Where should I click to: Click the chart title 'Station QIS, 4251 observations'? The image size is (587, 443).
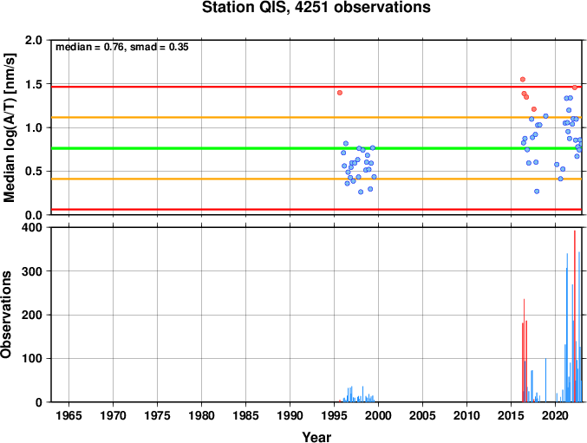point(316,7)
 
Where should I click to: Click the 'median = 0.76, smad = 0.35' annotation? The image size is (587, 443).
point(122,47)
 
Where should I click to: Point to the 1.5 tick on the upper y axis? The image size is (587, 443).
point(34,84)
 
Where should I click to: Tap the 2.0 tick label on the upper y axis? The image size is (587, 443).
point(34,40)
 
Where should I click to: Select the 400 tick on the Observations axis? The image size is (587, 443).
point(32,227)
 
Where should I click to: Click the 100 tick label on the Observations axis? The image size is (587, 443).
point(32,358)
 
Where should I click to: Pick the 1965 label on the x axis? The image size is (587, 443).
point(68,415)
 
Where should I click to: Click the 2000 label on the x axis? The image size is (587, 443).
point(379,415)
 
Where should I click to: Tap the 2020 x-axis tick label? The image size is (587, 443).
point(555,415)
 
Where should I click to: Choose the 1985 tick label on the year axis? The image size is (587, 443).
point(245,415)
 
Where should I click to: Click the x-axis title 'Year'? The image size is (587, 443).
point(316,437)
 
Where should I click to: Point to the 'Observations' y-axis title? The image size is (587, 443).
point(6,315)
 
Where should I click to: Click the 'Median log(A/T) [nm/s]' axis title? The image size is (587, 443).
point(10,127)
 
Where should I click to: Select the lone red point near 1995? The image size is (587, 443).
point(340,93)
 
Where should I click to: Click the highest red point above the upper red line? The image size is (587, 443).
point(523,79)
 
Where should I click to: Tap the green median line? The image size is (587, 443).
point(316,148)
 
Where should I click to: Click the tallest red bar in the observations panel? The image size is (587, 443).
point(575,316)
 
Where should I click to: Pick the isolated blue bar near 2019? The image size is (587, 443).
point(546,380)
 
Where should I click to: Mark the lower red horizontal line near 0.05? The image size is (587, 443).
point(316,209)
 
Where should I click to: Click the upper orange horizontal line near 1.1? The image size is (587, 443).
point(316,118)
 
